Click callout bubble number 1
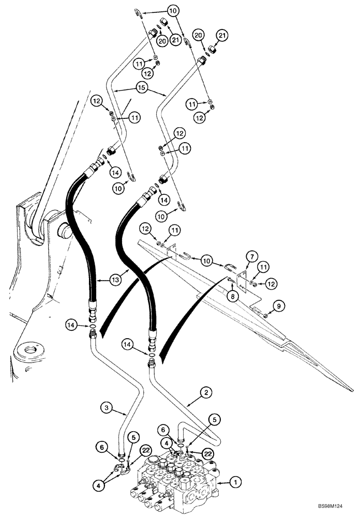click(234, 482)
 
